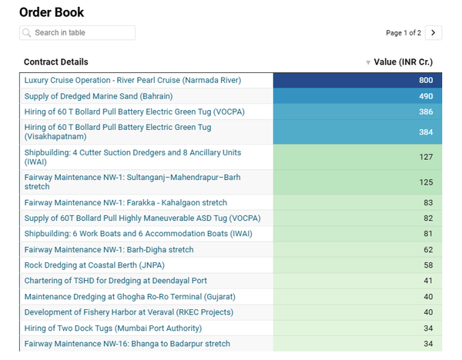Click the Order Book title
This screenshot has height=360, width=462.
[52, 12]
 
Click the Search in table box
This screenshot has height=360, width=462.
[77, 33]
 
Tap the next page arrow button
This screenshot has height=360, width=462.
[434, 33]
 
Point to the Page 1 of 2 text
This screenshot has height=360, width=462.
[403, 33]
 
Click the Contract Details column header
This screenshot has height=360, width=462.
[56, 62]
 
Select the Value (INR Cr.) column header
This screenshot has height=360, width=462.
[403, 62]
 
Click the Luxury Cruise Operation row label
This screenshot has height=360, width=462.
[132, 80]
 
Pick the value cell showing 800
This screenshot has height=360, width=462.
[426, 80]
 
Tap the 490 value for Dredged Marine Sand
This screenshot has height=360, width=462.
[426, 96]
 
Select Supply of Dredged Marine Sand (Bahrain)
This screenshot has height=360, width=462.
[99, 96]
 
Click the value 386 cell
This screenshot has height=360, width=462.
[426, 112]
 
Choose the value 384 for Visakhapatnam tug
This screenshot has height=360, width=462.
[426, 132]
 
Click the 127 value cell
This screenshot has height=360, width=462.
[426, 158]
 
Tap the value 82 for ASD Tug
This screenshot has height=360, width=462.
[428, 218]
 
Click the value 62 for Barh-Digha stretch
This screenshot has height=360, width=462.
[428, 250]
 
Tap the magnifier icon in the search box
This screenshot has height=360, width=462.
[28, 33]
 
